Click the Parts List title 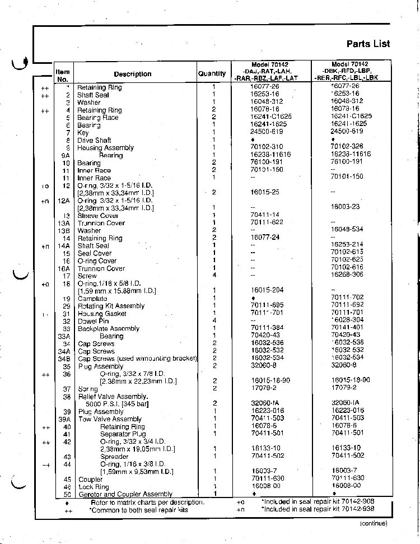point(368,44)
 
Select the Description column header point(133,74)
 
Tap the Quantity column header point(212,73)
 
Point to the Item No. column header point(63,75)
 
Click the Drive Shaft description point(94,141)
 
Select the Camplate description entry point(92,299)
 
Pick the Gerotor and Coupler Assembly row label point(125,494)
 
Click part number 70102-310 point(267,148)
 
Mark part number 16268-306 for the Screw point(348,276)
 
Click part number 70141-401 point(348,328)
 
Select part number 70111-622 point(267,223)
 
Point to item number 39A point(66,419)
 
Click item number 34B point(66,359)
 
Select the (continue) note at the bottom point(373,523)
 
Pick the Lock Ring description point(94,487)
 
